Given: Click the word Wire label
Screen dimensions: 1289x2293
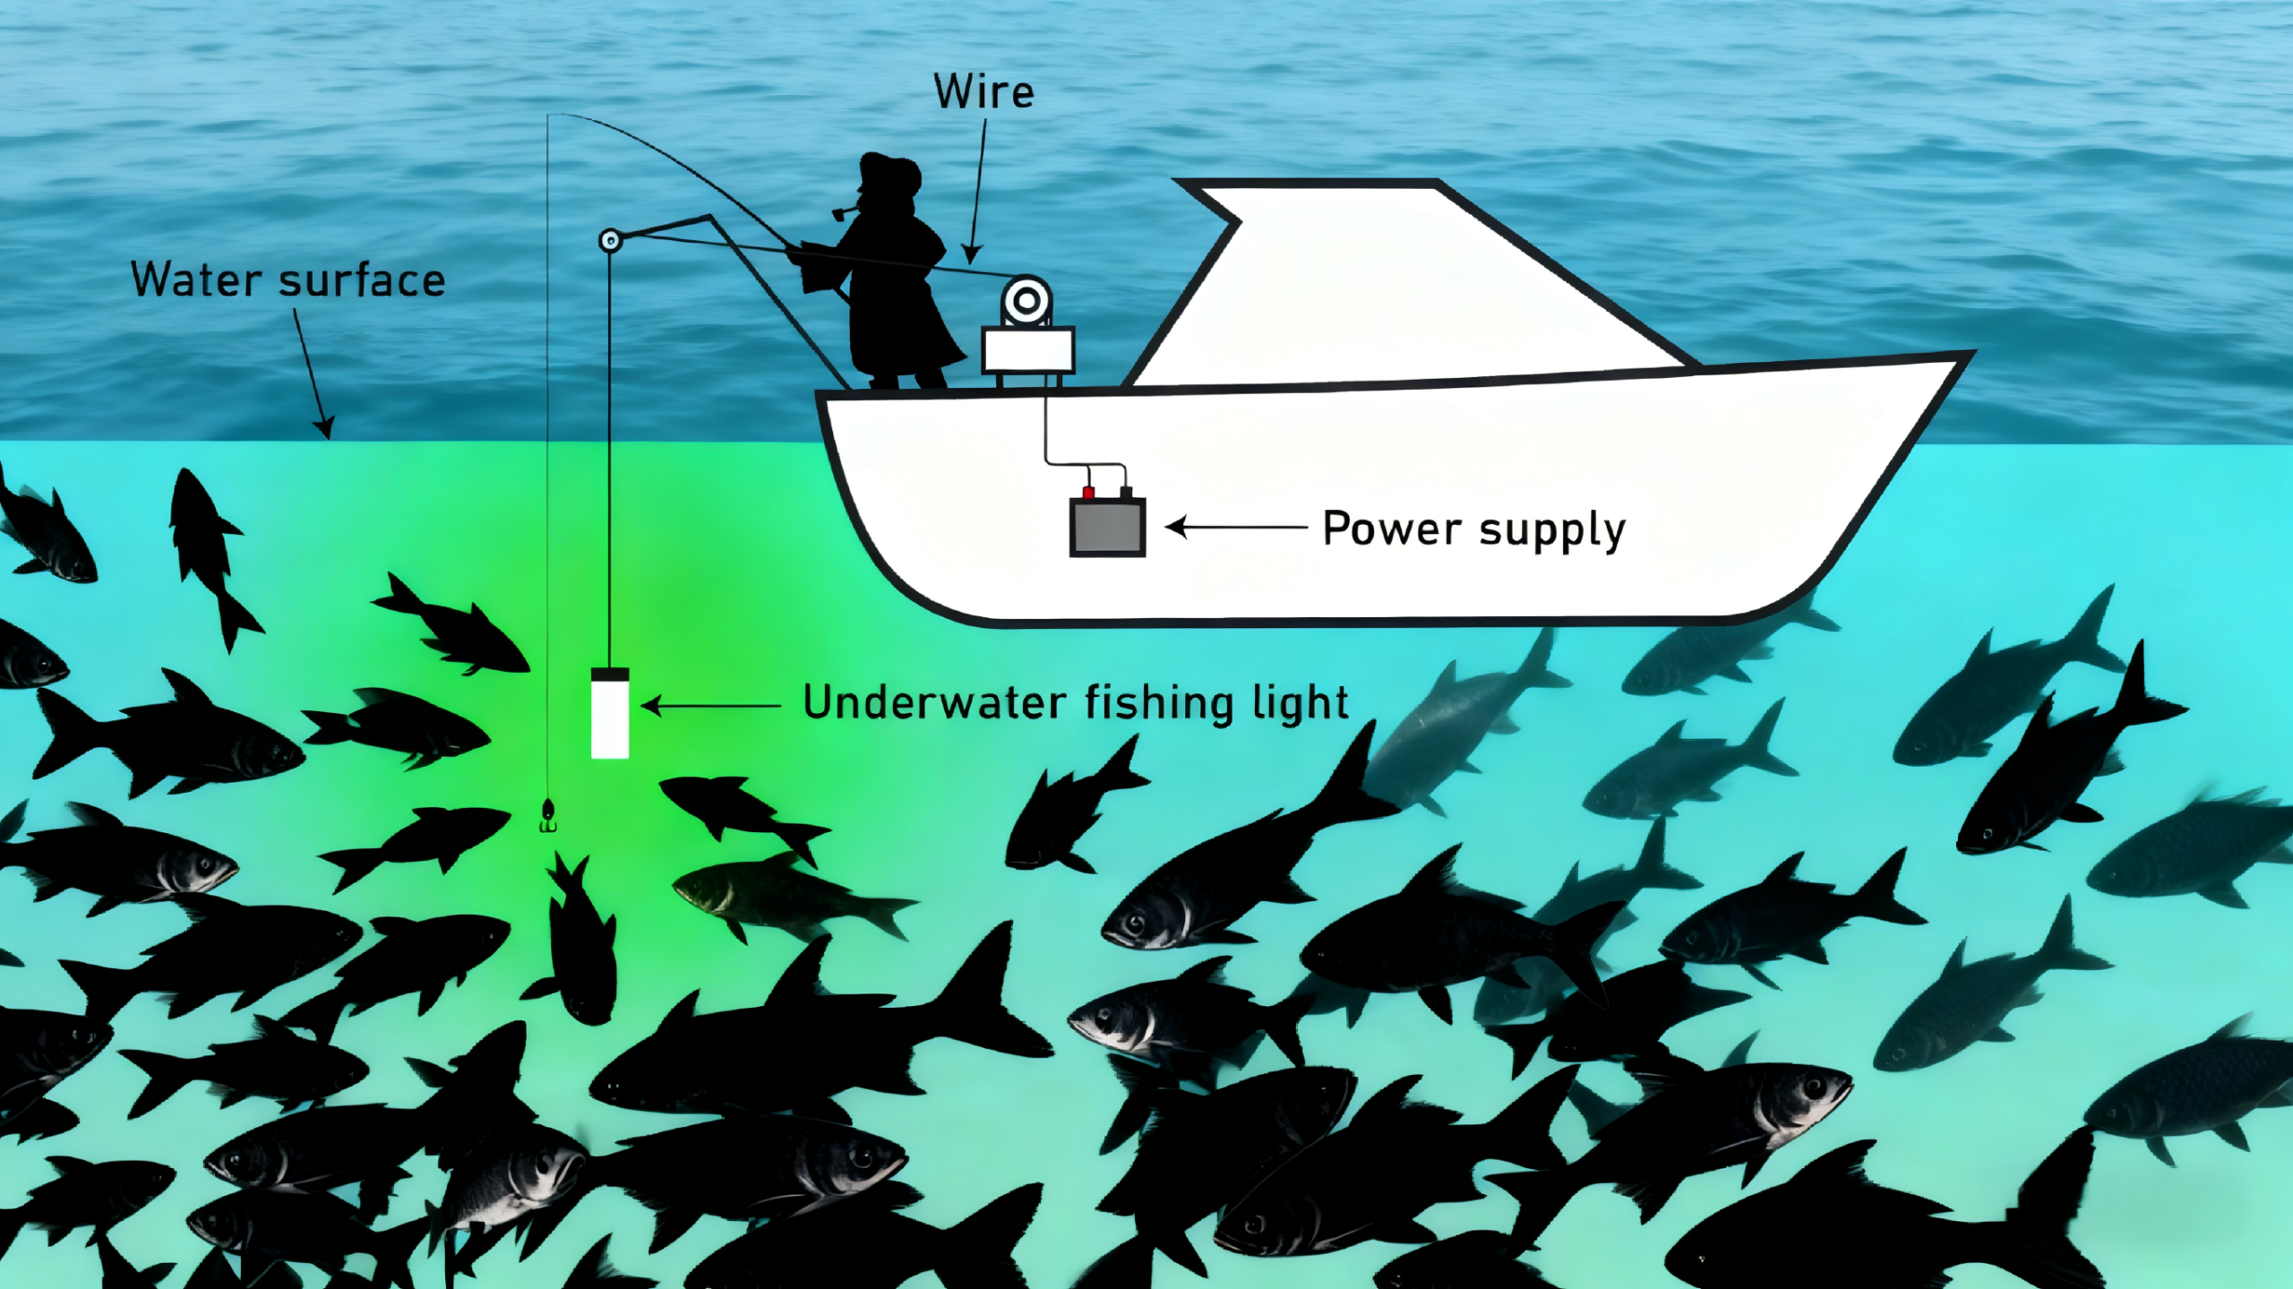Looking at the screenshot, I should pos(983,92).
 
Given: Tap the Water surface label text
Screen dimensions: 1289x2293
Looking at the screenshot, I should pos(288,280).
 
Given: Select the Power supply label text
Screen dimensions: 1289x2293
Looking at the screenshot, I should pos(1473,528).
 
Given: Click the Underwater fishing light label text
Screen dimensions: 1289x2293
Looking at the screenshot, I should pos(1075,703).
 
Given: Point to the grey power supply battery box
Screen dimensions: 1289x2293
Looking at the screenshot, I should pos(1107,528).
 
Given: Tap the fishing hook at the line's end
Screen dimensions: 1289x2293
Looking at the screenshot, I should pos(547,816).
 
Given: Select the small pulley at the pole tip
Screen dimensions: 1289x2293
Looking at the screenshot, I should pos(610,239).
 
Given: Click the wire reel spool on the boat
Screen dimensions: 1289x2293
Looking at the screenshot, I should pos(1026,302).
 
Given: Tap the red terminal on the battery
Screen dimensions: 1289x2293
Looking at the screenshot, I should pos(1088,492).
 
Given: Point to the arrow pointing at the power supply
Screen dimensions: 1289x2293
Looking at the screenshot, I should pos(1236,528).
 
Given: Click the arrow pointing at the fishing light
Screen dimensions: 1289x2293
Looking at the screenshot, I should pos(711,706).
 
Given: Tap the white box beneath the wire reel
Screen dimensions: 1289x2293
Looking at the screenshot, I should pos(1027,350).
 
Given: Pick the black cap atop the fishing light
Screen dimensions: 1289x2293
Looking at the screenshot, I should pos(609,674).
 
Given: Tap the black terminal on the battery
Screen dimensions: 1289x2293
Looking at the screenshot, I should pos(1126,492).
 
